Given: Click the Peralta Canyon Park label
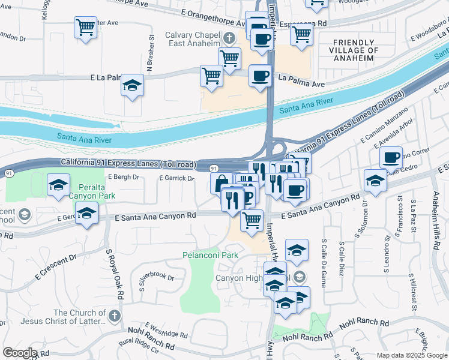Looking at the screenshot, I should [x=91, y=191].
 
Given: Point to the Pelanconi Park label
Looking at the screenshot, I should [x=210, y=255].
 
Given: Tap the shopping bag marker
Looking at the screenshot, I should [x=221, y=183].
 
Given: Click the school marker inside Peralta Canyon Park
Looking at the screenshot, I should [x=58, y=185].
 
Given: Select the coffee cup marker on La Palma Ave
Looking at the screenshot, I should [x=260, y=76].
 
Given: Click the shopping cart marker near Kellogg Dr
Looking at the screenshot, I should [x=85, y=28].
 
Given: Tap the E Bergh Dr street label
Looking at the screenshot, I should [x=124, y=177].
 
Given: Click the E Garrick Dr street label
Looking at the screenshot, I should [x=176, y=178].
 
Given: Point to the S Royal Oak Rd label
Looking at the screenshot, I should [x=115, y=275].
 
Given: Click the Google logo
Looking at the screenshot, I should [x=20, y=353].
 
